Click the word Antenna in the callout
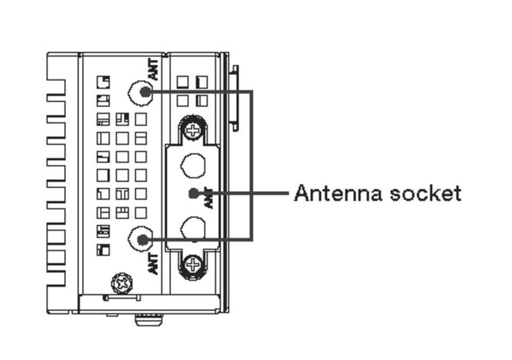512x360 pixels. (338, 193)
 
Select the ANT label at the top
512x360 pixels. (154, 69)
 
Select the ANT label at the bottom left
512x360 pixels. (154, 263)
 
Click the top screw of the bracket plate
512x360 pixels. (193, 130)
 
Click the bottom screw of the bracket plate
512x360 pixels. (193, 265)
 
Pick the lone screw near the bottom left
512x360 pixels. (123, 283)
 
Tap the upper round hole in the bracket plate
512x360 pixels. (193, 166)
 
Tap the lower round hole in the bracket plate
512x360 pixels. (193, 228)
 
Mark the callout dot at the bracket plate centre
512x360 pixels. (193, 193)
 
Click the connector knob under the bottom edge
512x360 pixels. (149, 319)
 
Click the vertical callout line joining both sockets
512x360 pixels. (252, 166)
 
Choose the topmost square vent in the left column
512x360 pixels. (103, 82)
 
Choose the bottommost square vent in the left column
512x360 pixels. (103, 250)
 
